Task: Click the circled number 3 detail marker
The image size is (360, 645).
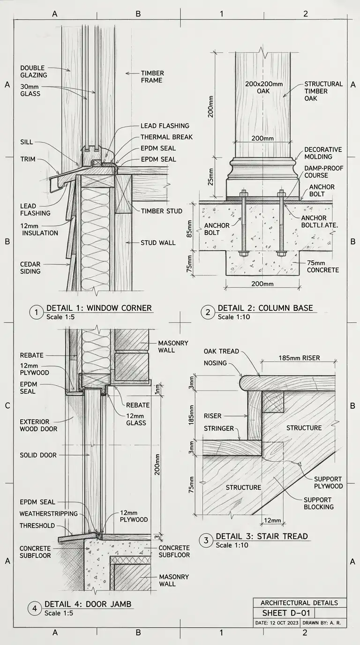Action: (x=206, y=540)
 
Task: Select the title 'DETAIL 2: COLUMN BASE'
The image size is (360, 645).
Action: (x=265, y=308)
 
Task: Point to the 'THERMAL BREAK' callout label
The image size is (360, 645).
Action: (x=166, y=137)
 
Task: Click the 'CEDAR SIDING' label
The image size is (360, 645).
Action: (x=30, y=267)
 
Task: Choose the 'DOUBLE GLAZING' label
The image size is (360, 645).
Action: (x=34, y=71)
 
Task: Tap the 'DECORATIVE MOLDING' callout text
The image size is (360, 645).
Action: (x=323, y=153)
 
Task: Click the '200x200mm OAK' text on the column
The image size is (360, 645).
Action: (x=264, y=88)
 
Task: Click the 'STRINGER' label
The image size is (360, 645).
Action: (x=218, y=428)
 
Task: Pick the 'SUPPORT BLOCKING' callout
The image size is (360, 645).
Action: (x=318, y=503)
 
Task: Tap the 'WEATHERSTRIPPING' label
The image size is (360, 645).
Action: (x=48, y=514)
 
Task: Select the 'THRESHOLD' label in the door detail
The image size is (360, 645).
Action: (x=37, y=526)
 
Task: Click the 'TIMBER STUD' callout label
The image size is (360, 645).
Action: (x=162, y=211)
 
